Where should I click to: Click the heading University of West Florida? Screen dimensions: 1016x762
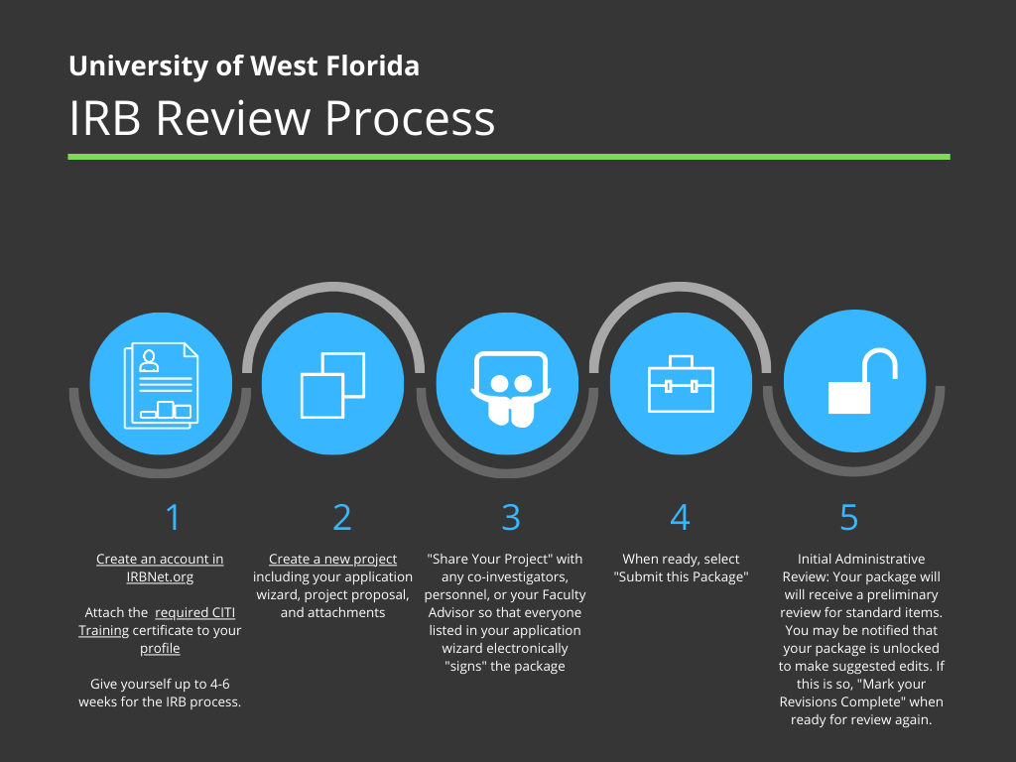(x=244, y=66)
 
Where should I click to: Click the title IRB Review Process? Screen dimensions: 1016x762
(x=282, y=118)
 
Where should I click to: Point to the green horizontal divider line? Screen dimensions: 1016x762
(x=509, y=157)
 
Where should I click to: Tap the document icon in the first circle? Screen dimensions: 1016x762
(x=162, y=385)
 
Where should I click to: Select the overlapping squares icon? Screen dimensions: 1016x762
(x=333, y=385)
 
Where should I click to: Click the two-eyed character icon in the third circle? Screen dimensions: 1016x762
(x=511, y=389)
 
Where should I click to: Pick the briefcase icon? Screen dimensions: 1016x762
(x=681, y=384)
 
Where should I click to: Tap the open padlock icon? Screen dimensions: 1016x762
(x=863, y=382)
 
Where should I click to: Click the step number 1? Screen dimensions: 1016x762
(x=173, y=517)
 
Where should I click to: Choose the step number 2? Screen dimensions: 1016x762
(x=342, y=517)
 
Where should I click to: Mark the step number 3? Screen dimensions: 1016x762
(x=511, y=517)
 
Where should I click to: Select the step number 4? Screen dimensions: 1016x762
(x=680, y=517)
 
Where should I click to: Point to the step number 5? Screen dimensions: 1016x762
(x=849, y=517)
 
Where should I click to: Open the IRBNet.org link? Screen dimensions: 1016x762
(x=160, y=576)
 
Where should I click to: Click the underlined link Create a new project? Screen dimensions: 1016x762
(x=333, y=560)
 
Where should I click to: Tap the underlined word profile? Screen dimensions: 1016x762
(x=160, y=649)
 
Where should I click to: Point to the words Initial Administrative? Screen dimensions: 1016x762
(x=861, y=560)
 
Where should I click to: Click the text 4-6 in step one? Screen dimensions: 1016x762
(x=219, y=684)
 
